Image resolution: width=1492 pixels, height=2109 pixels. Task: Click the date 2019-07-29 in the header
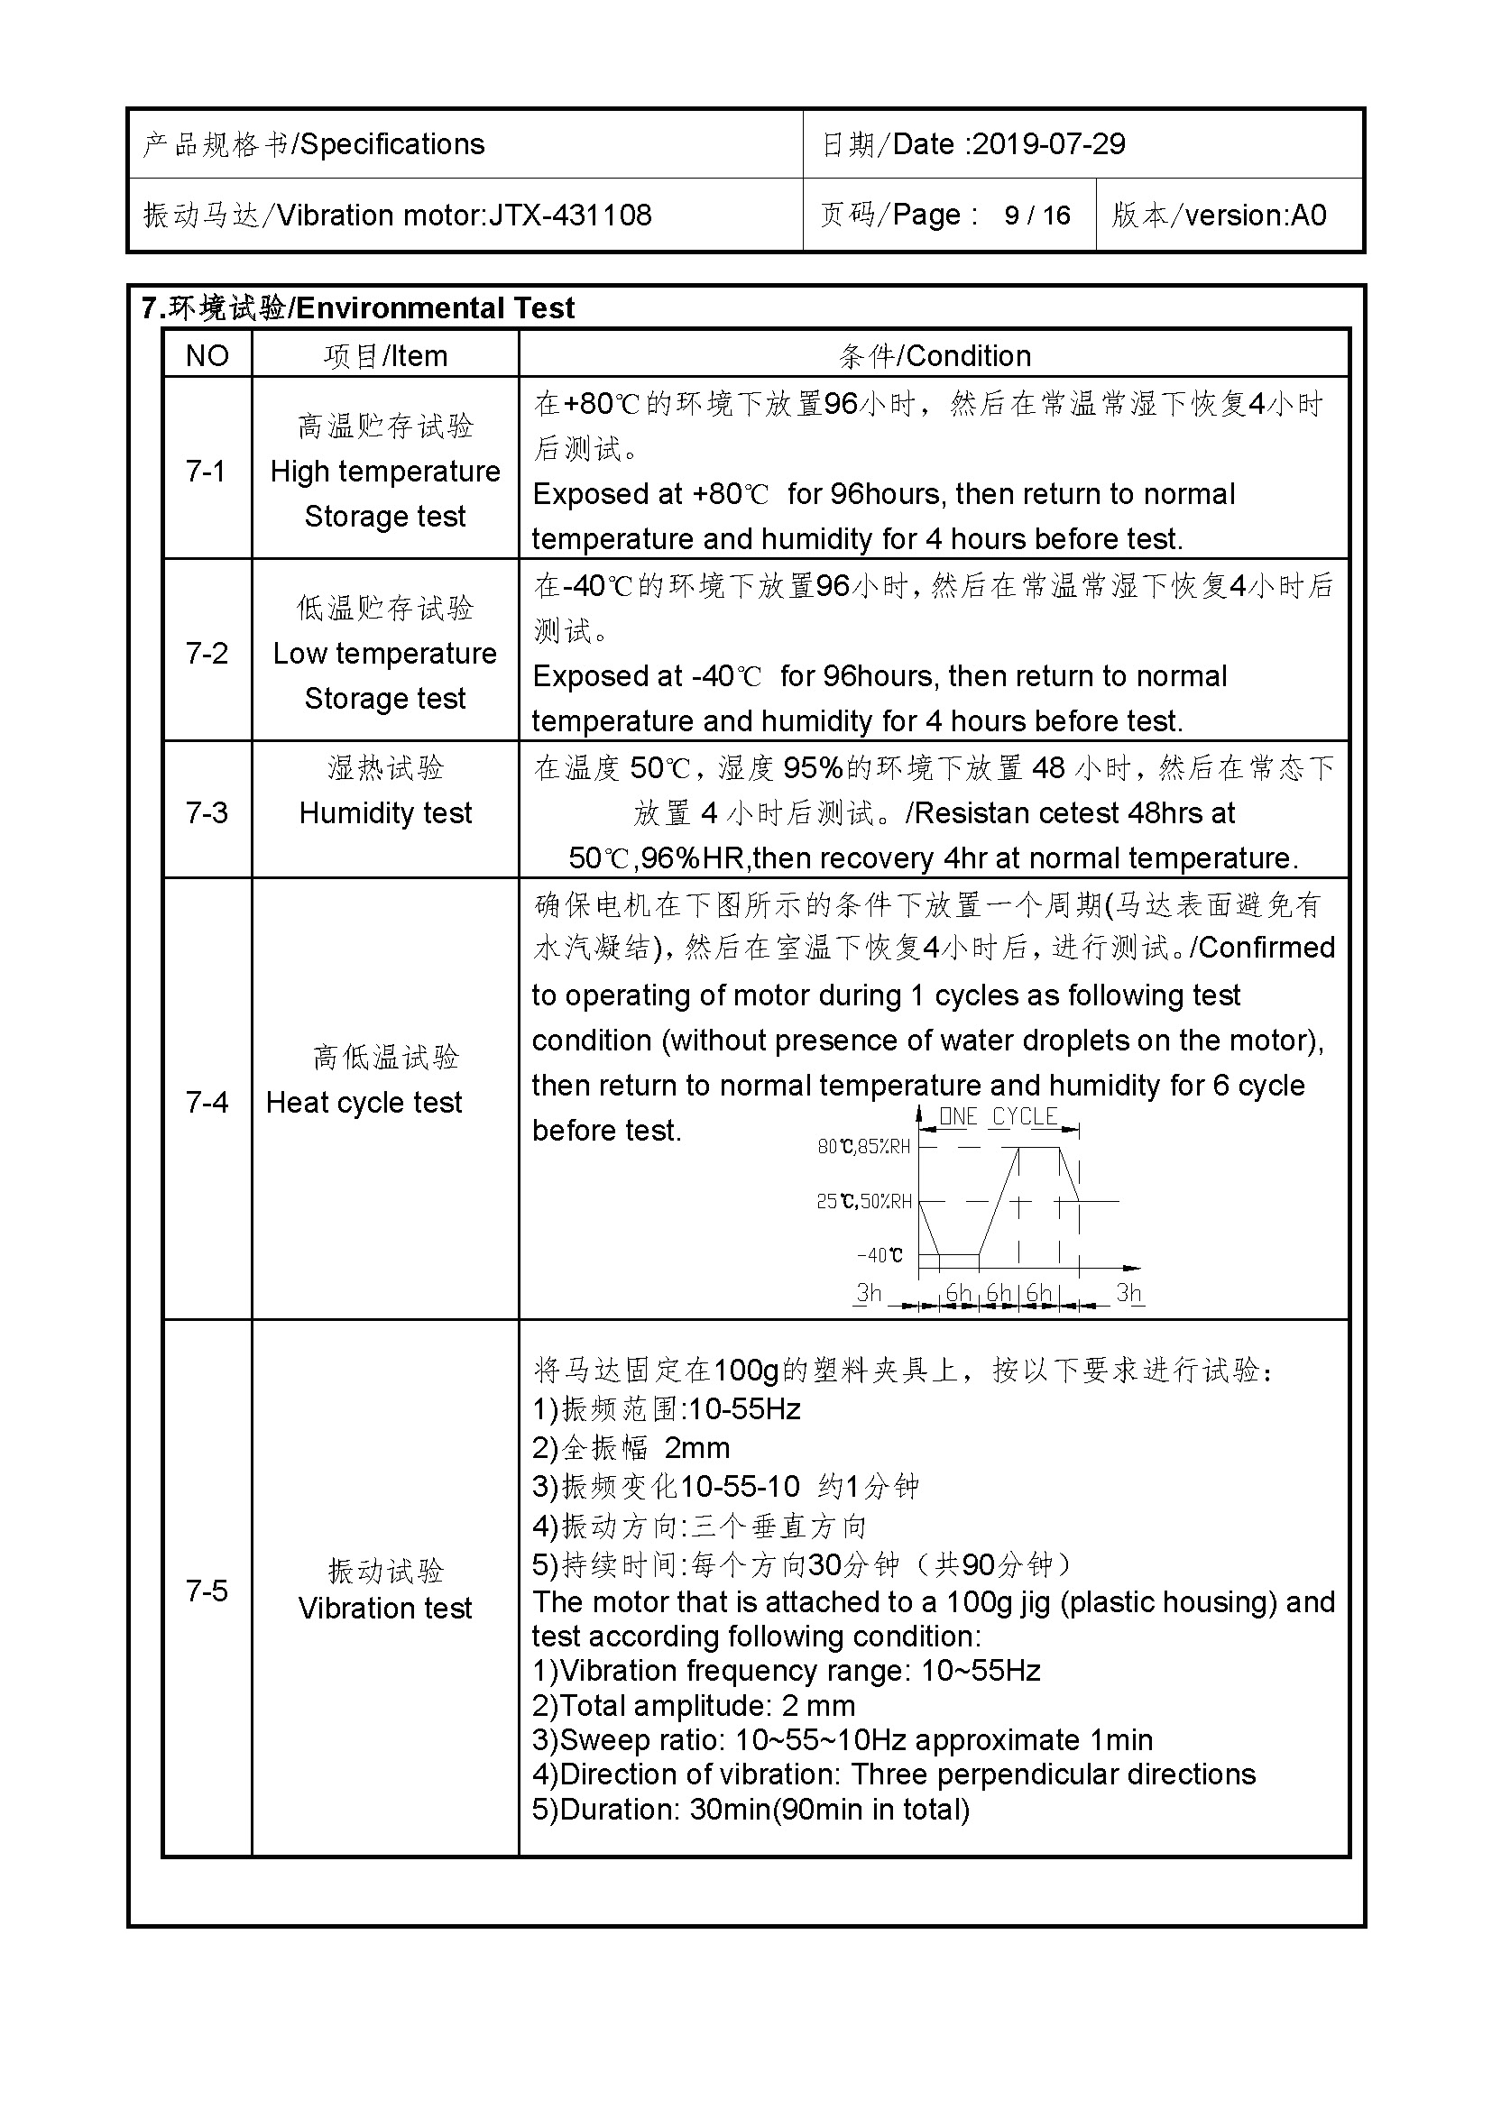(1048, 144)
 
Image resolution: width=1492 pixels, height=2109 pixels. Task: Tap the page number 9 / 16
(1037, 215)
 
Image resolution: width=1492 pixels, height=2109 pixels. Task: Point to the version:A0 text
(1255, 215)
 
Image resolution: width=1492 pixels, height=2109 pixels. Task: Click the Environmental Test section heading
(435, 308)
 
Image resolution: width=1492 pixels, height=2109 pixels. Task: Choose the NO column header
(207, 356)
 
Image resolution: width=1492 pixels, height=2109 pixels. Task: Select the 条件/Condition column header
(935, 356)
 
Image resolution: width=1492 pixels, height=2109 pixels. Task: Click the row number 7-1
(206, 472)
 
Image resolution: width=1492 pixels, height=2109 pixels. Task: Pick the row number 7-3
(206, 813)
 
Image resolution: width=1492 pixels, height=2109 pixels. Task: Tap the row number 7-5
(206, 1590)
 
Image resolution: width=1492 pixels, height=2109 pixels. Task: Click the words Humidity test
(385, 813)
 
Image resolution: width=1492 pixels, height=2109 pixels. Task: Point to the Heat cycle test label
(364, 1102)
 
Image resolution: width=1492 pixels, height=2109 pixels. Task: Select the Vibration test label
(385, 1609)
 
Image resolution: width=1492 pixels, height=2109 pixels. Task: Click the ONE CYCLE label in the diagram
(998, 1117)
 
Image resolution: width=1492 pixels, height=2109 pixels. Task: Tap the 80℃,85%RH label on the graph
(863, 1147)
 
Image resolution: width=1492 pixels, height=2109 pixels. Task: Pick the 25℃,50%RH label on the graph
(863, 1201)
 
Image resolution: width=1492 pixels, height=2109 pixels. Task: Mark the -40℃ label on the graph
(880, 1256)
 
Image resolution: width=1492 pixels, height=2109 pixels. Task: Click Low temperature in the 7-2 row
(384, 654)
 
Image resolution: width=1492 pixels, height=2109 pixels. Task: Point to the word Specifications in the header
(392, 144)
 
